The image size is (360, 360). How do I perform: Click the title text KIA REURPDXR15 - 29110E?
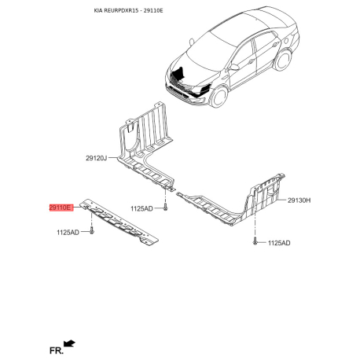[x=128, y=11]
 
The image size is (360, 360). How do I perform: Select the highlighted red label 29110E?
[x=60, y=208]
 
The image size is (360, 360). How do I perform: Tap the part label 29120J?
[x=97, y=158]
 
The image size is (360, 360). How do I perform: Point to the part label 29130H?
[x=299, y=200]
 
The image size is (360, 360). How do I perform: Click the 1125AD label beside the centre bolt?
[x=141, y=208]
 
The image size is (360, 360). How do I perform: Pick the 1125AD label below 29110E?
[x=68, y=233]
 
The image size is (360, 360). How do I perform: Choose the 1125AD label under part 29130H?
[x=279, y=243]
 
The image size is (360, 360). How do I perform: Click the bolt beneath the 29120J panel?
[x=165, y=207]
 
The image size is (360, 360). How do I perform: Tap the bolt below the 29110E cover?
[x=92, y=230]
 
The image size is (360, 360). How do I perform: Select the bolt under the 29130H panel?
[x=255, y=241]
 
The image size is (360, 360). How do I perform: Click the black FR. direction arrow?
[x=69, y=343]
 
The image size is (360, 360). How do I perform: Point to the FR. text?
[x=57, y=351]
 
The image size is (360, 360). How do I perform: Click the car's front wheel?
[x=219, y=97]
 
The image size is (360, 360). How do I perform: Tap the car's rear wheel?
[x=283, y=60]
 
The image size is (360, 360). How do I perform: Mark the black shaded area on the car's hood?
[x=180, y=72]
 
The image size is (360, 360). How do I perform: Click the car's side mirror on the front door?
[x=234, y=67]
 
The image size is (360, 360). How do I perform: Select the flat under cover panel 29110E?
[x=119, y=222]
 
